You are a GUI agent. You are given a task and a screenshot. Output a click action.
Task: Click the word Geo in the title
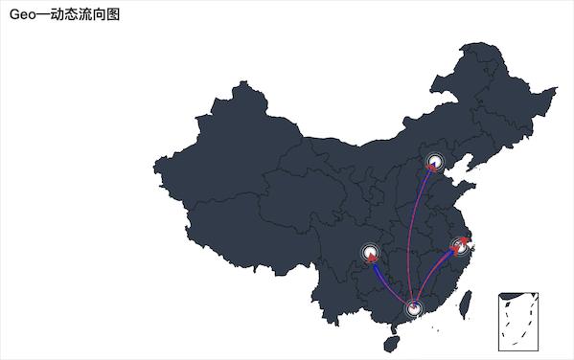pos(22,14)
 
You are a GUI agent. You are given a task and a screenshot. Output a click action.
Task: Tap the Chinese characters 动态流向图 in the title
pos(85,14)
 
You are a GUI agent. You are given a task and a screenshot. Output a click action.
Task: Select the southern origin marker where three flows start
pos(414,308)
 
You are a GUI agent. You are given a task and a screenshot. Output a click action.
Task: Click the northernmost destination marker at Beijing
pos(436,162)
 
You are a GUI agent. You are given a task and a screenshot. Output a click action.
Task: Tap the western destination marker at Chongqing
pos(371,255)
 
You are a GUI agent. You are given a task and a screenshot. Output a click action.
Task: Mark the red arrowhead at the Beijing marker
pos(432,167)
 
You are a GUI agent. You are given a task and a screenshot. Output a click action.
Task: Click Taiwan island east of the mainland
pos(467,304)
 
